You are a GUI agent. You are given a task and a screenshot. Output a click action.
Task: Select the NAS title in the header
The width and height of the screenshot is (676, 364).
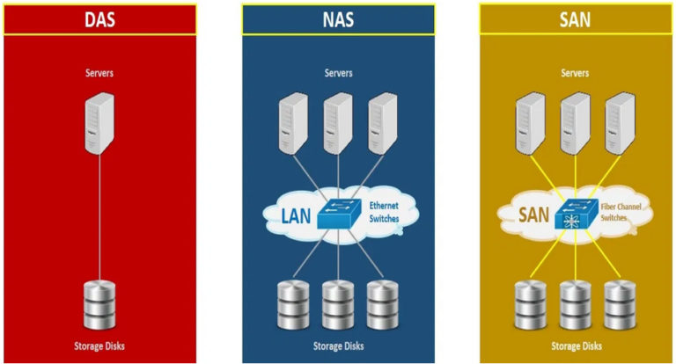pyautogui.click(x=337, y=19)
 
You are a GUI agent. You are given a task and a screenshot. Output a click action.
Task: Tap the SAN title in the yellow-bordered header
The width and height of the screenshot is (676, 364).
pyautogui.click(x=576, y=19)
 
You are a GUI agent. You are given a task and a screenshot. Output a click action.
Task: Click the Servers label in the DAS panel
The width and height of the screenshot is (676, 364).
pyautogui.click(x=99, y=73)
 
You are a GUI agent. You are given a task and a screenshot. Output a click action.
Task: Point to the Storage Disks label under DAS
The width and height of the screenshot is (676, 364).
pyautogui.click(x=99, y=346)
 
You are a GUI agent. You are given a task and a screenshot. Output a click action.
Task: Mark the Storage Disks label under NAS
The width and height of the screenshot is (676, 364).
pyautogui.click(x=337, y=346)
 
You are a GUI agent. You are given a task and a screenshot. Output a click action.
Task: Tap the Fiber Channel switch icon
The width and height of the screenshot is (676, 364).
pyautogui.click(x=574, y=215)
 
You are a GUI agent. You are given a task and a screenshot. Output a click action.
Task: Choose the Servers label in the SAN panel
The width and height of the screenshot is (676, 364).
pyautogui.click(x=576, y=73)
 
